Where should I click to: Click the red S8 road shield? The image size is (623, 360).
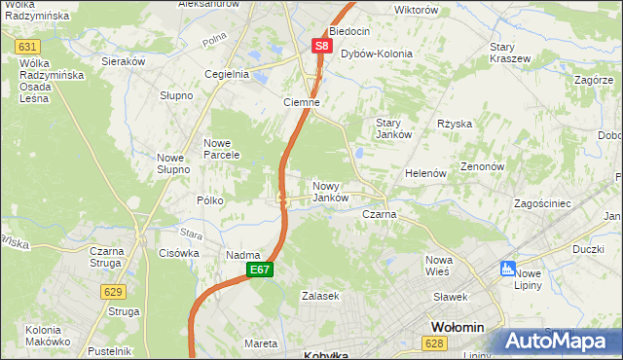click(x=323, y=46)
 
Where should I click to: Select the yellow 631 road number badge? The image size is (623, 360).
click(x=29, y=47)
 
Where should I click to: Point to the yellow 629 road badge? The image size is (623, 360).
click(x=115, y=291)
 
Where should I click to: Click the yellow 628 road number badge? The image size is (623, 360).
click(x=434, y=342)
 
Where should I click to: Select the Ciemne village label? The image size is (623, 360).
click(x=302, y=102)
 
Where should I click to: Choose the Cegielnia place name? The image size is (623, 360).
click(x=227, y=74)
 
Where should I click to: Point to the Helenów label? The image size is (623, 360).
click(x=425, y=173)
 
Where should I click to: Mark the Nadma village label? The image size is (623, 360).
click(x=240, y=255)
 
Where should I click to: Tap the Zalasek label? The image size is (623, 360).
click(x=319, y=296)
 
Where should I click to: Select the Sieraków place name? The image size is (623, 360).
click(x=124, y=60)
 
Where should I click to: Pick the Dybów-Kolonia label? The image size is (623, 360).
click(x=376, y=54)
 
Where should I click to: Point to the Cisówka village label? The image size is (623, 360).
click(x=178, y=253)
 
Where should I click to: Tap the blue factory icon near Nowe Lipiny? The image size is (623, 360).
click(x=506, y=268)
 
